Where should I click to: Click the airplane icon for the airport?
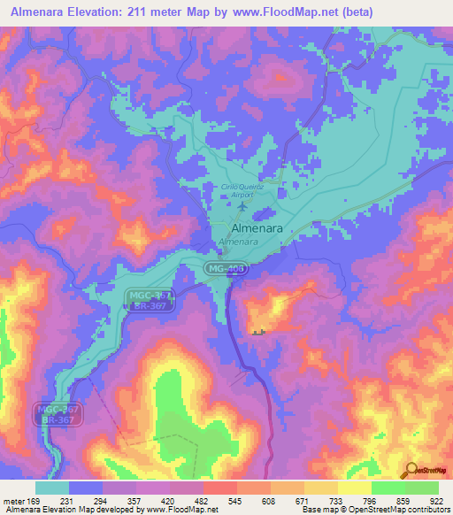click(x=242, y=206)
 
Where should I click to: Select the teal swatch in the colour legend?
click(x=52, y=488)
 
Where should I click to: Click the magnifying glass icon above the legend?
click(x=409, y=469)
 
